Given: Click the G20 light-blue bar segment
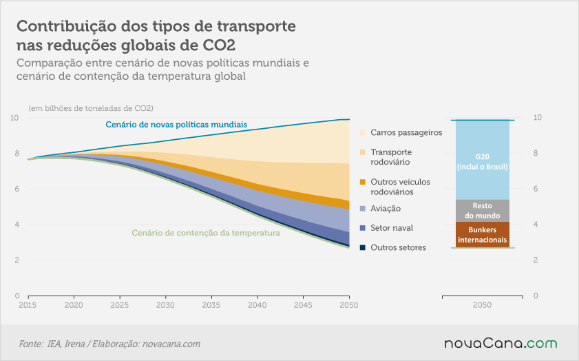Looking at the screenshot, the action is click(x=482, y=160).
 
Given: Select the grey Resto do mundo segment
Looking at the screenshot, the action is click(x=482, y=211).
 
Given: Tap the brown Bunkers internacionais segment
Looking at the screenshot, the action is click(x=482, y=235).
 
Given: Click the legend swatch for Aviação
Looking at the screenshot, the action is click(x=363, y=209).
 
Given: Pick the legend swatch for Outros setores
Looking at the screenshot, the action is click(x=363, y=247).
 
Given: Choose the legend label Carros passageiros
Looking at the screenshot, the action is click(x=406, y=133).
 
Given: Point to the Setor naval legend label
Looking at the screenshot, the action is click(x=392, y=228).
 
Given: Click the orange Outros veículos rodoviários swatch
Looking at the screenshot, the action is click(x=363, y=182).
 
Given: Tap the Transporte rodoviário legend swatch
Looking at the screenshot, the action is click(x=363, y=152).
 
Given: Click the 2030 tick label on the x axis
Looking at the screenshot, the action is click(x=165, y=305).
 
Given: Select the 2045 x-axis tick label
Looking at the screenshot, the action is click(x=303, y=305).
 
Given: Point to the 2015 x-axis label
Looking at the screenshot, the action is click(x=28, y=305).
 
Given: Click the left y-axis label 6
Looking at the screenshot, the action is click(x=17, y=189).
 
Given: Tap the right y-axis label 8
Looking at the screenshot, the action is click(x=536, y=153).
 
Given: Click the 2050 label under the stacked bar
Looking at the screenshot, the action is click(x=482, y=305).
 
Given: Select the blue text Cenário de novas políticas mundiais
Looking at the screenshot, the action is click(x=176, y=125).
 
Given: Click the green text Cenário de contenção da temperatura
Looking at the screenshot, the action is click(x=206, y=233).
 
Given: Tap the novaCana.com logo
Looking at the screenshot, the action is click(x=501, y=343).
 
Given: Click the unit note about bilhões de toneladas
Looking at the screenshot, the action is click(x=91, y=108).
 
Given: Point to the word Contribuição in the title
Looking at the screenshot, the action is click(x=67, y=27).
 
